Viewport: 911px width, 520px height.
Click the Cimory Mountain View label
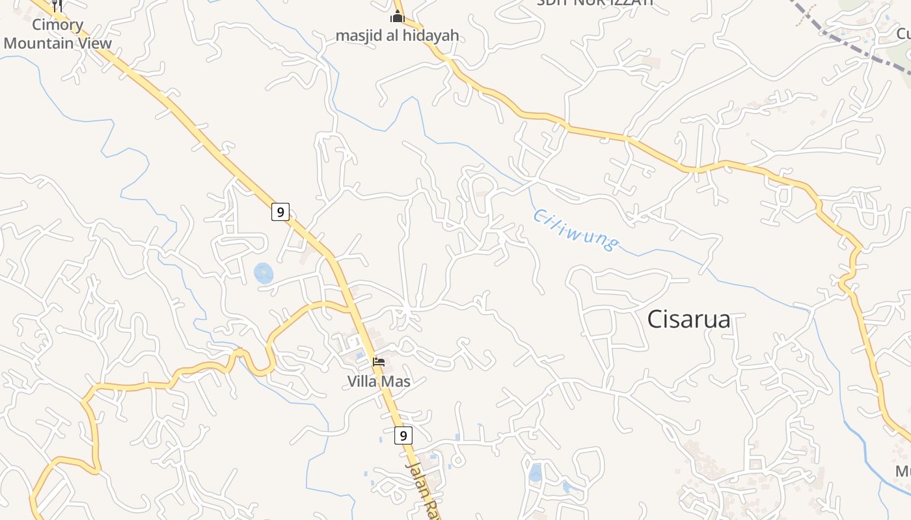coord(57,34)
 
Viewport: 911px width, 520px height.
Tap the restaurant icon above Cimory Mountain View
coord(57,5)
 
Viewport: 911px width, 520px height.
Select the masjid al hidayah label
coord(397,35)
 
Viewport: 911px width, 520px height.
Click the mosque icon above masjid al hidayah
coord(397,16)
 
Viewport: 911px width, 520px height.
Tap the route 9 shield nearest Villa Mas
coord(403,435)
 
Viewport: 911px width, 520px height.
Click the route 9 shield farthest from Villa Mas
coord(280,212)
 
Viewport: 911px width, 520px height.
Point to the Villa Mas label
coord(379,382)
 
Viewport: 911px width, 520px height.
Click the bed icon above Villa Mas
coord(379,362)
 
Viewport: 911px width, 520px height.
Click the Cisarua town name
coord(689,319)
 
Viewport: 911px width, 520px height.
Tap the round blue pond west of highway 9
coord(264,273)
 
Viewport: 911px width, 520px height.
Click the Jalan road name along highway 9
coord(422,491)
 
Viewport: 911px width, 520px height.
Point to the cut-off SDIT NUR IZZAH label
coord(594,3)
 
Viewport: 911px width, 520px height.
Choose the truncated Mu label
coord(903,471)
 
